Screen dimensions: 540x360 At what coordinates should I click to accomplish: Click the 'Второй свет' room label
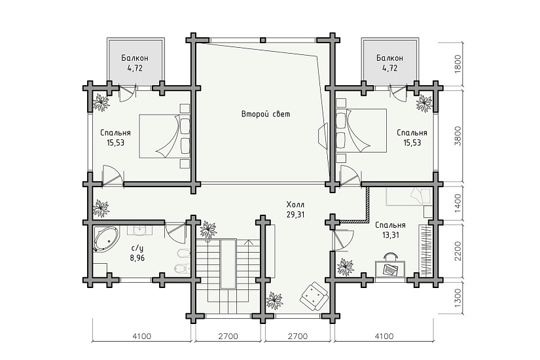266,114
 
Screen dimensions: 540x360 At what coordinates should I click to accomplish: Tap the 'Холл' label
295,205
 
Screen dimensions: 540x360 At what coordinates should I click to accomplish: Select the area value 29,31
295,215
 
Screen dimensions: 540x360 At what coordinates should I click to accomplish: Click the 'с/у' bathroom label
137,247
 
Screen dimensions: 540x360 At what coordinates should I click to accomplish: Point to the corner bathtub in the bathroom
106,238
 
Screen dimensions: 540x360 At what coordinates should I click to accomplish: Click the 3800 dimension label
458,136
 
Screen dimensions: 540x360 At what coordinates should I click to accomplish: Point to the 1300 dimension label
458,298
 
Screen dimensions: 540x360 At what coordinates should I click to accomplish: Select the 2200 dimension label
458,251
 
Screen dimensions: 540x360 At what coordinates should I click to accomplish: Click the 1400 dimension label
458,203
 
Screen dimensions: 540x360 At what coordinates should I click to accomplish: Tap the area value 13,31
390,236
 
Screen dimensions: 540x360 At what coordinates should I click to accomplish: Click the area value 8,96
137,257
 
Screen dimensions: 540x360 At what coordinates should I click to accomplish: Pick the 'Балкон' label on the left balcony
135,58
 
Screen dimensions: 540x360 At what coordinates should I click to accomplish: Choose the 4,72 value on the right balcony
389,68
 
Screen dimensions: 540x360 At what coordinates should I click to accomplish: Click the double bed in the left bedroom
164,136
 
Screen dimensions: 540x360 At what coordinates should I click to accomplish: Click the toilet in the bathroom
181,268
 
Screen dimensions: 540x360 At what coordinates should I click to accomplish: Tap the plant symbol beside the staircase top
208,229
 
